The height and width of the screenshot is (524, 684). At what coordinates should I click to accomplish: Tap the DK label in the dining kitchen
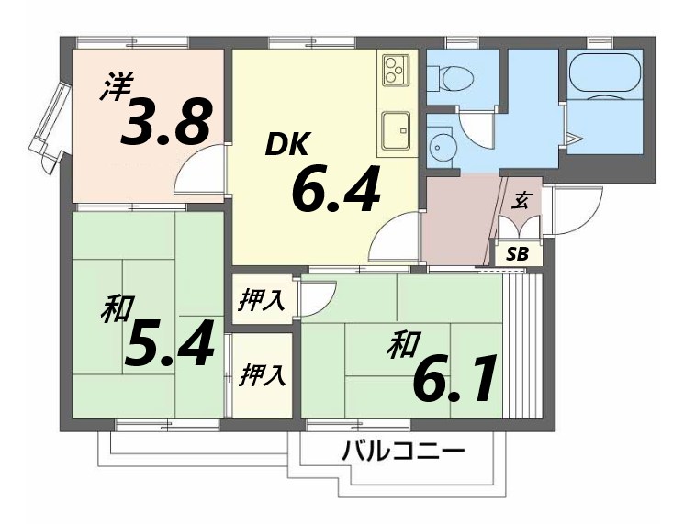point(290,144)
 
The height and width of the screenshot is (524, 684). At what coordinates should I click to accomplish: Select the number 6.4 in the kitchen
point(334,189)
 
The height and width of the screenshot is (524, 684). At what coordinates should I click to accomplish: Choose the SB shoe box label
point(518,254)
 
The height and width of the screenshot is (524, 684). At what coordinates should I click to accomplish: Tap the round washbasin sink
point(443,146)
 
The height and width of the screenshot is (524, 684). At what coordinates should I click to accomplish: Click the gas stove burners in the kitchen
point(397,69)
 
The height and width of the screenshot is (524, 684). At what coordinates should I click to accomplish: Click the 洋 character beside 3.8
point(115,87)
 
